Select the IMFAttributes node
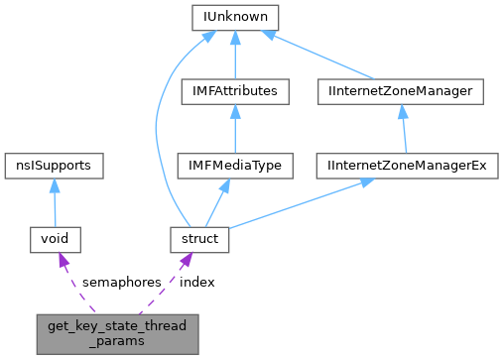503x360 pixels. click(234, 92)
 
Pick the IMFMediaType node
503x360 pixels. click(234, 166)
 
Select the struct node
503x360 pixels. click(200, 239)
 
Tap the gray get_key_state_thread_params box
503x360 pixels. click(117, 332)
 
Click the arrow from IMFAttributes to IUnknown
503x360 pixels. click(234, 55)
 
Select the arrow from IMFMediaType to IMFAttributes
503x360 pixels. click(234, 129)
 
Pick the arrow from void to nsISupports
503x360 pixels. click(55, 202)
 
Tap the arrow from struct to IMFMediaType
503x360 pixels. click(219, 201)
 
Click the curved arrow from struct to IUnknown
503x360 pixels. click(159, 129)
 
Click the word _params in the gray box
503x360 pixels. click(117, 340)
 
